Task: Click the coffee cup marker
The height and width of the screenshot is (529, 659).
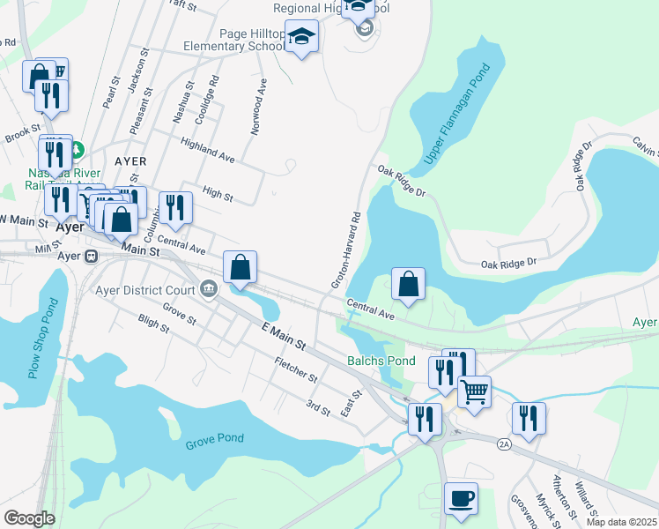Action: [461, 499]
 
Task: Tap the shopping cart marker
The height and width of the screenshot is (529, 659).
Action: [474, 391]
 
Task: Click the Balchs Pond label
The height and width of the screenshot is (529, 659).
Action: [381, 361]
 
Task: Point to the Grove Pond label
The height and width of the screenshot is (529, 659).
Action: [214, 440]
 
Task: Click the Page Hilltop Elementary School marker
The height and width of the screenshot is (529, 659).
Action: [302, 37]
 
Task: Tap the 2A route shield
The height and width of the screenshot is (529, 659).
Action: [504, 443]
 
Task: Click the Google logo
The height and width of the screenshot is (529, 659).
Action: [29, 518]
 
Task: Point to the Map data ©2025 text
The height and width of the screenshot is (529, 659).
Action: [621, 522]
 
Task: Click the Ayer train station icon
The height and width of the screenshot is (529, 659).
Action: [90, 256]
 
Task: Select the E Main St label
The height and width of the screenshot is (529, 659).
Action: [283, 335]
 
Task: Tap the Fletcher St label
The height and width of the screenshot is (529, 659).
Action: [295, 370]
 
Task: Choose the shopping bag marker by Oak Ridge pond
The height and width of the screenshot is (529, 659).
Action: [408, 284]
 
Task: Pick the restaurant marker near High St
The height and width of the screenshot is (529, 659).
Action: [175, 207]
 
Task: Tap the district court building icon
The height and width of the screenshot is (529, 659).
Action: [210, 287]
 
